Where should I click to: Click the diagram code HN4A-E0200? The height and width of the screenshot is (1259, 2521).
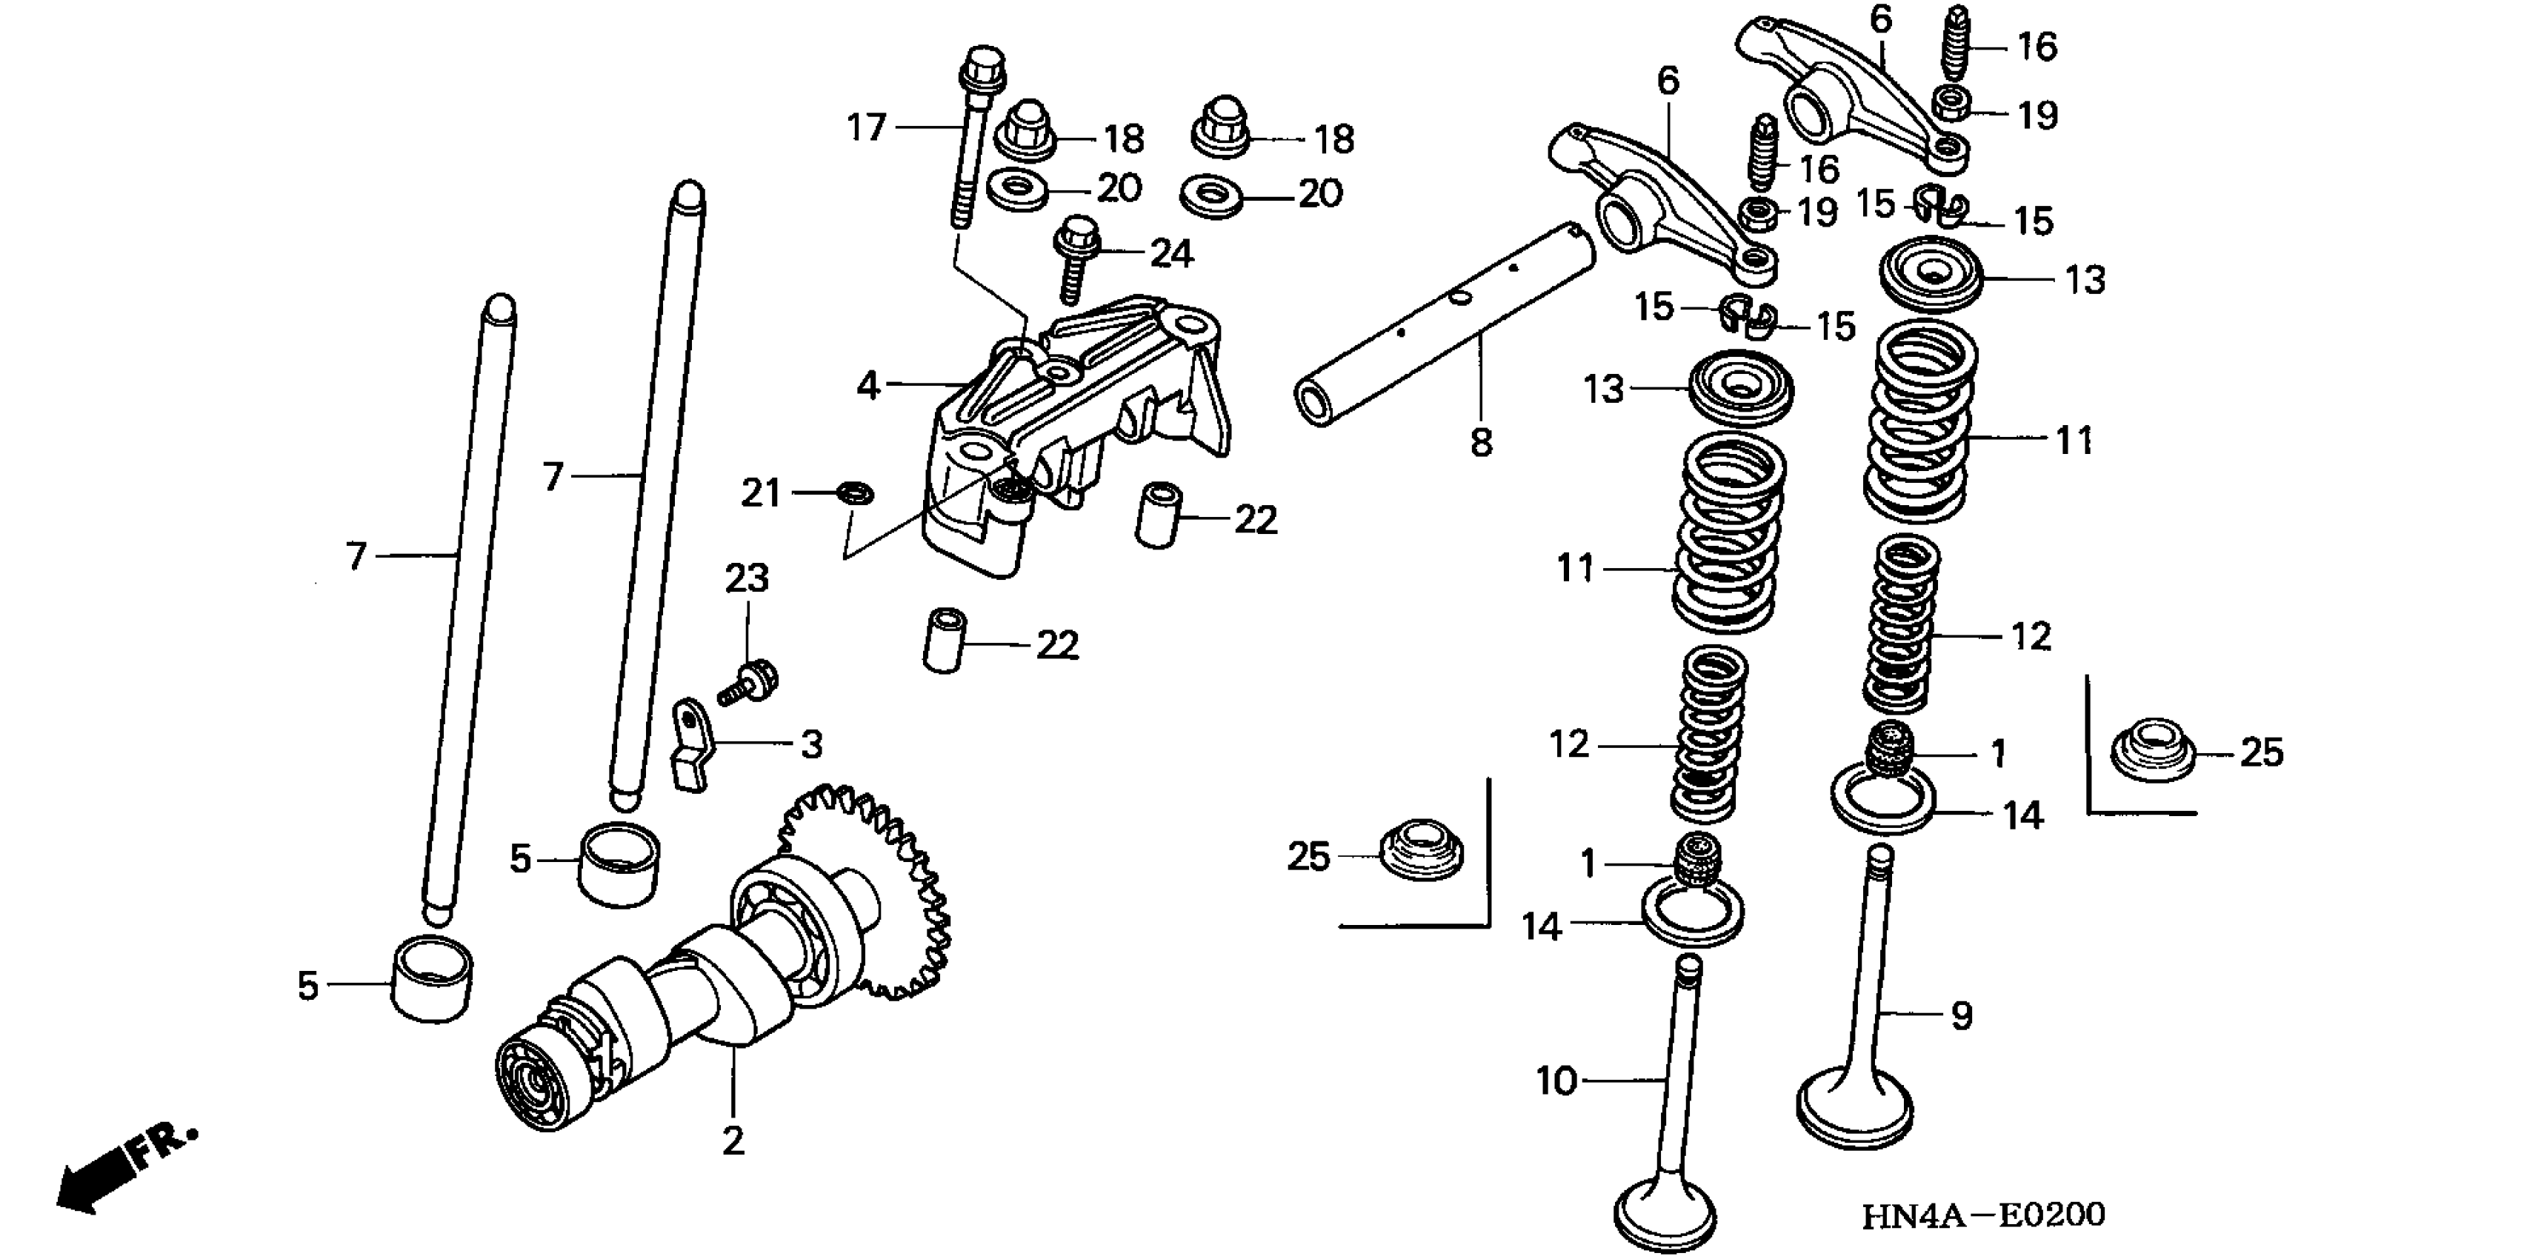(x=1982, y=1215)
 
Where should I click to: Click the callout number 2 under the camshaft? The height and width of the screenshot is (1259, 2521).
(x=733, y=1141)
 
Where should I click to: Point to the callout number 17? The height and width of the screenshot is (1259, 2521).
(x=866, y=127)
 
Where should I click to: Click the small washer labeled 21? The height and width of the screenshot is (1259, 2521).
(x=856, y=491)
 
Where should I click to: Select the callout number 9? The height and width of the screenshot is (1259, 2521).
(x=1961, y=1015)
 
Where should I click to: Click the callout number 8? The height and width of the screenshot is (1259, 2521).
(x=1481, y=443)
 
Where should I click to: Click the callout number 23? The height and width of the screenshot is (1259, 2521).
(x=747, y=578)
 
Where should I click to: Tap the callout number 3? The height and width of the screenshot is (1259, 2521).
(x=811, y=746)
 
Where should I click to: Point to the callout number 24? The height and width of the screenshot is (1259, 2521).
(x=1170, y=254)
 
